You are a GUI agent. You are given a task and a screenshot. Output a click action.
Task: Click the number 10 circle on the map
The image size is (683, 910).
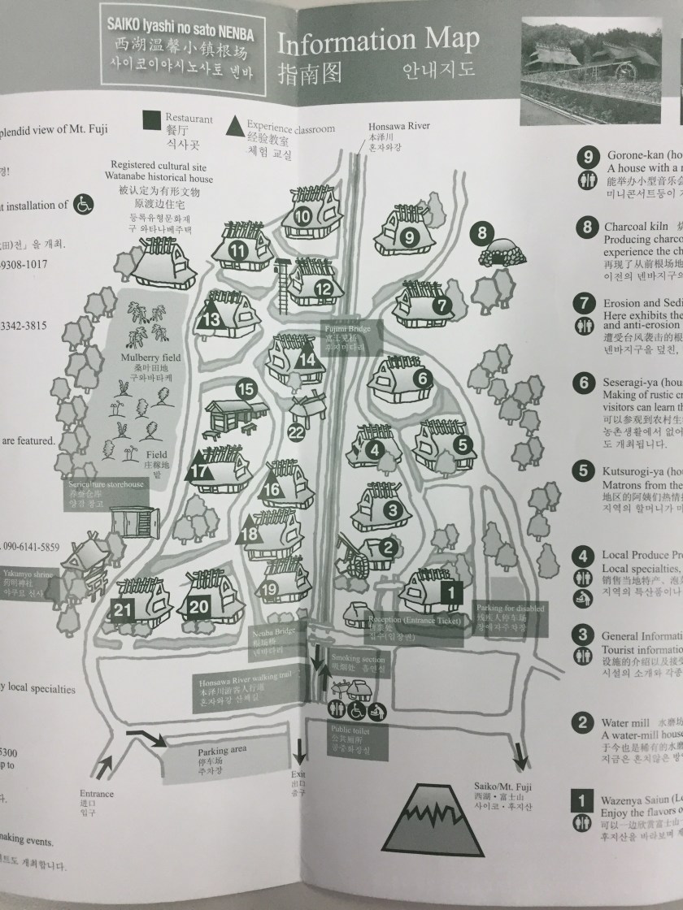[x=302, y=217]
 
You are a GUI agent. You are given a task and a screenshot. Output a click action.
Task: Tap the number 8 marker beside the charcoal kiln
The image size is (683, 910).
[x=482, y=233]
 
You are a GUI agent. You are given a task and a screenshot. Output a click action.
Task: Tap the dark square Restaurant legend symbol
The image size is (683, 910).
[x=151, y=122]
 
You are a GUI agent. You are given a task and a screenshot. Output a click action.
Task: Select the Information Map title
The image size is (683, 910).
[x=377, y=41]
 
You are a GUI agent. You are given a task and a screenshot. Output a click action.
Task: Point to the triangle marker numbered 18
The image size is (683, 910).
[x=250, y=535]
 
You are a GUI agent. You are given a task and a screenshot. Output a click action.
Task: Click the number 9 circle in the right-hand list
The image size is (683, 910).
[x=585, y=158]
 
